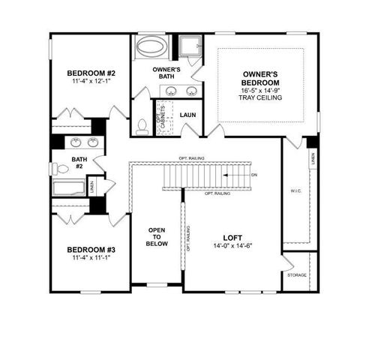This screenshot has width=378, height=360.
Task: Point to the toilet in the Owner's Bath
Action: [142, 125]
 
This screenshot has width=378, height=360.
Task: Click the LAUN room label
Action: [187, 115]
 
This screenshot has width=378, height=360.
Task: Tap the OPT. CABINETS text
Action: [162, 115]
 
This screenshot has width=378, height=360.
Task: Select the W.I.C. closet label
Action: [296, 191]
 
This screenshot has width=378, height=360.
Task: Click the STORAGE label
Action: [297, 274]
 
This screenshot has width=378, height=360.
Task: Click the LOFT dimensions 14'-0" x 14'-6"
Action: [229, 245]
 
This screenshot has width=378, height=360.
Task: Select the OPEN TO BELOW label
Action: [156, 238]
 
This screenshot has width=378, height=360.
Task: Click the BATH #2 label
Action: [79, 163]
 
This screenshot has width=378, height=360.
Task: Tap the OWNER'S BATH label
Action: [165, 73]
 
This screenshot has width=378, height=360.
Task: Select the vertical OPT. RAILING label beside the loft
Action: [187, 237]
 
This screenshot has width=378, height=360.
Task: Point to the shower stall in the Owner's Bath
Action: [190, 46]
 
